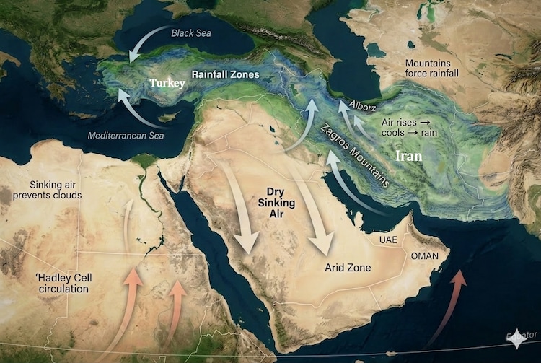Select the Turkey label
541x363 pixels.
(x=167, y=83)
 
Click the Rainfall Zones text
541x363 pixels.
(x=225, y=74)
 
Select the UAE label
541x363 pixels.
(x=389, y=239)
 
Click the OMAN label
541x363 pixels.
(x=424, y=256)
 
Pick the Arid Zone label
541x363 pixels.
(x=348, y=268)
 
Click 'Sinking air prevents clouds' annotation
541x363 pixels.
(x=45, y=190)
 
